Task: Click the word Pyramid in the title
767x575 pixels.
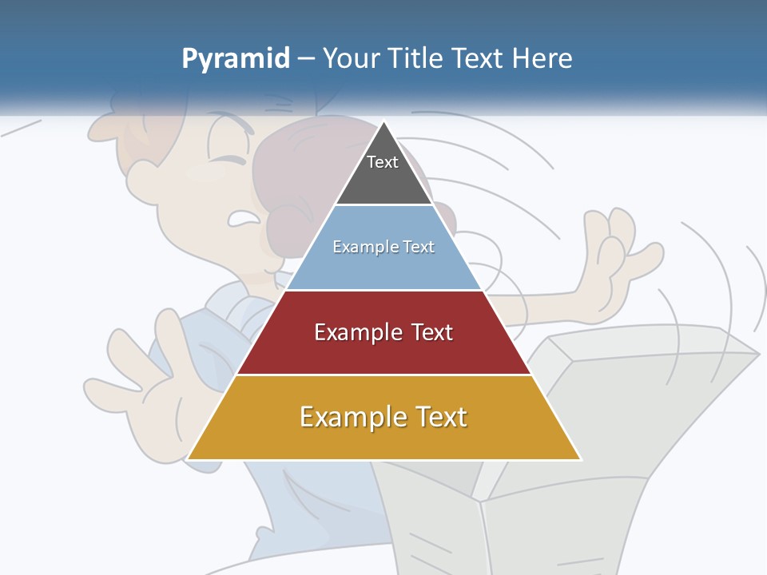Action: pyautogui.click(x=235, y=59)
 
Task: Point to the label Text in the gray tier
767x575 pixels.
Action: pyautogui.click(x=383, y=162)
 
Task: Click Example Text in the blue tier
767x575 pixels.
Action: pyautogui.click(x=383, y=247)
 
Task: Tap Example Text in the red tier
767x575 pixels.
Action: pyautogui.click(x=383, y=332)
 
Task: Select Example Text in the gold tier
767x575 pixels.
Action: pyautogui.click(x=383, y=417)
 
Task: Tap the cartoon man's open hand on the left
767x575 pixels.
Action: pyautogui.click(x=144, y=375)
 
